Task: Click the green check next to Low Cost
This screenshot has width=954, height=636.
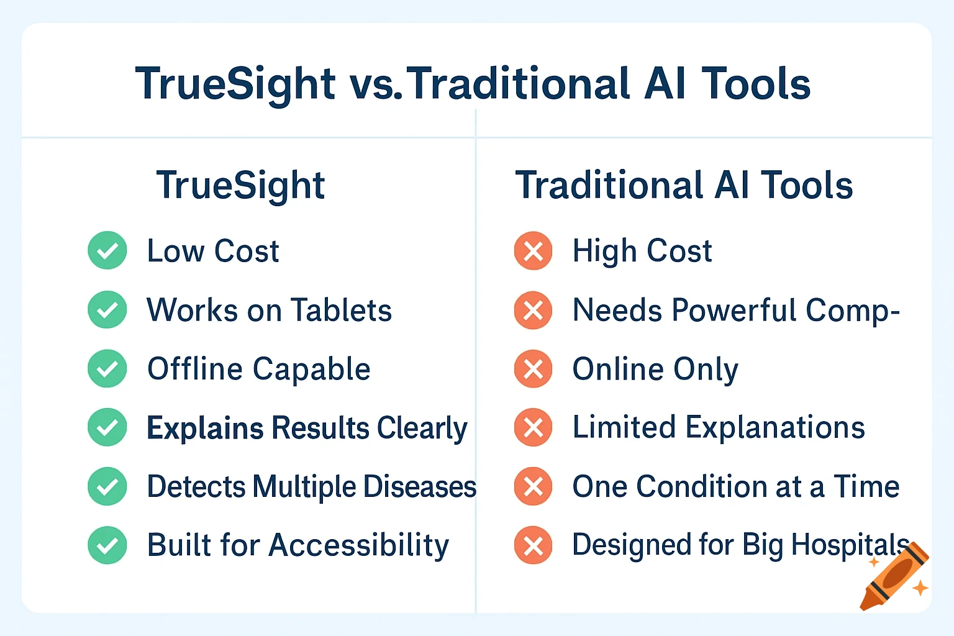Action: pos(107,250)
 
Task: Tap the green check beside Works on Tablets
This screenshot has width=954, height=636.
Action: pos(107,309)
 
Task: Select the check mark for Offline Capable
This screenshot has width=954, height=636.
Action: pos(107,368)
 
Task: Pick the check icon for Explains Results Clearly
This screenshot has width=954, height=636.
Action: pos(107,427)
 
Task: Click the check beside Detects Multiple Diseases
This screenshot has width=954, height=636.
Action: pos(107,486)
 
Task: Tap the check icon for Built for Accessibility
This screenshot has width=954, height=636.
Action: pos(107,545)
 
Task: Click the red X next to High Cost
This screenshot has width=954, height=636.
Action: pos(533,251)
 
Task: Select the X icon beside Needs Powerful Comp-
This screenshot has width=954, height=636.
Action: pos(533,310)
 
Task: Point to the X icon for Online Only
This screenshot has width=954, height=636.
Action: pos(533,369)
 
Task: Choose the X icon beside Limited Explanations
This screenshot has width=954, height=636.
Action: pos(533,427)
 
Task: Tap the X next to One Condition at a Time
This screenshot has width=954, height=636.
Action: pos(533,486)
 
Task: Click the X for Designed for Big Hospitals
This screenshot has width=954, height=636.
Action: pos(533,545)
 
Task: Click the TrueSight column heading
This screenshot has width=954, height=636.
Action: pos(240,185)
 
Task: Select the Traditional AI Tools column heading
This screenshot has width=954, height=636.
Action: pos(684,185)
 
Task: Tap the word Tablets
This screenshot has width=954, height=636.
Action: pos(341,310)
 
